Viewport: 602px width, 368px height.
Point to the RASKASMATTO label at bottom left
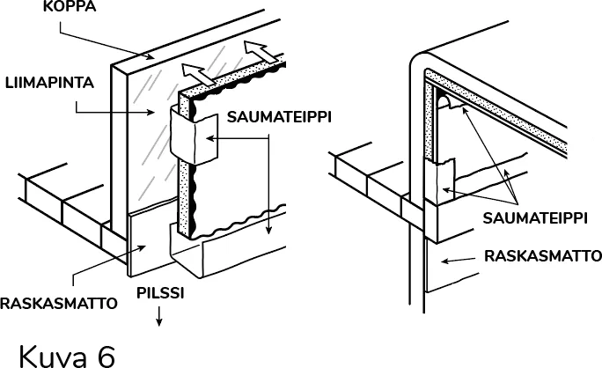(58, 305)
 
